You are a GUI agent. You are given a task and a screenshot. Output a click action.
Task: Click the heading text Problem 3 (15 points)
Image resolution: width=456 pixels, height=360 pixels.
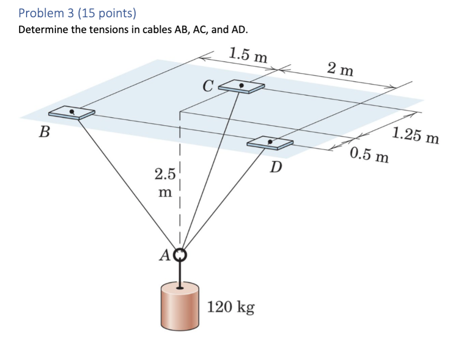pos(77,13)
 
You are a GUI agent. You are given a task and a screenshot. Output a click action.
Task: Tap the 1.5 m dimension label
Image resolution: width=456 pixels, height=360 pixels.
pos(248,55)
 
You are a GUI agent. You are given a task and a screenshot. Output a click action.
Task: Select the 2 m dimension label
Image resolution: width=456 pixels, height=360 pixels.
pos(340,70)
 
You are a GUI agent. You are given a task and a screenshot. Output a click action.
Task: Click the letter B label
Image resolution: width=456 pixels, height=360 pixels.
pos(44,132)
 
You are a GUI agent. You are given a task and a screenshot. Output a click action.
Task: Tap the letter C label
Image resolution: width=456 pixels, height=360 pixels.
pos(208,86)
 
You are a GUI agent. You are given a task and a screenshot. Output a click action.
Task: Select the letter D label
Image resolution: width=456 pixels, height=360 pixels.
pos(276,166)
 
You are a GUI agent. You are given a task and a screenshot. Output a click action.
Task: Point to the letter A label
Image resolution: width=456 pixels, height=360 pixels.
pos(166,254)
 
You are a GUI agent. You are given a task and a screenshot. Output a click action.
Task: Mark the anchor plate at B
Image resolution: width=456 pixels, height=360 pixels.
pos(72,113)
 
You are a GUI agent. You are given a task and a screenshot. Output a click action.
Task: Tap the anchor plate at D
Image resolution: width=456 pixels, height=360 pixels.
pos(270,142)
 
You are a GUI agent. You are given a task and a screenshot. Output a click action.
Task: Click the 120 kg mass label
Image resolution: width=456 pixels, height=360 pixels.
pos(231,307)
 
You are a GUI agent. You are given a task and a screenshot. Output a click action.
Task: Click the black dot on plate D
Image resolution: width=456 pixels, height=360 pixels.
pos(270,141)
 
